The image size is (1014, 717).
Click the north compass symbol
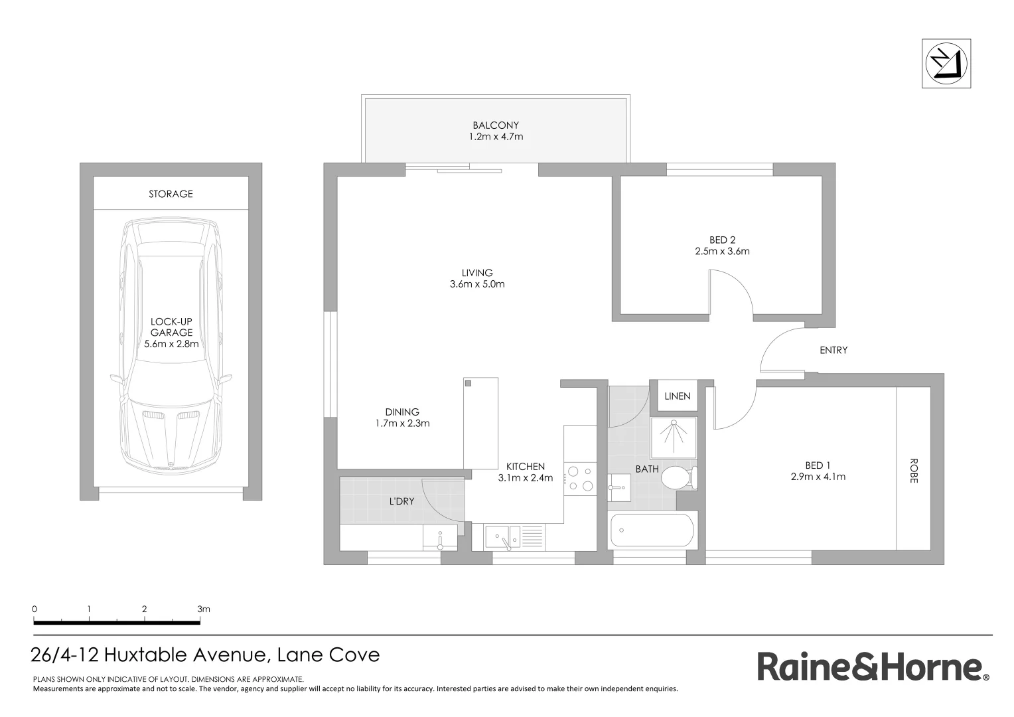point(946,64)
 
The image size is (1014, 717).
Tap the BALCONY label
point(495,125)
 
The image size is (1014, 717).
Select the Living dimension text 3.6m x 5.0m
point(476,284)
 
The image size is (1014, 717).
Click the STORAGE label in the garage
point(171,194)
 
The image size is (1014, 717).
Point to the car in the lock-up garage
point(171,345)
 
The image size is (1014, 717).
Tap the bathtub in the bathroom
point(653,530)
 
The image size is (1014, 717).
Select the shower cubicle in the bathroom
point(674,438)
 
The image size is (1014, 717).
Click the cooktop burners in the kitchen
point(579,479)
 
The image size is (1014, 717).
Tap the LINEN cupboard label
point(677,396)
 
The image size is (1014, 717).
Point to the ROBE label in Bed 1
point(913,471)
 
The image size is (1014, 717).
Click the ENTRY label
point(833,350)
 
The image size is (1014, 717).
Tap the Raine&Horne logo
point(873,667)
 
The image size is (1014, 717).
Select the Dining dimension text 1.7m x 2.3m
point(401,423)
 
